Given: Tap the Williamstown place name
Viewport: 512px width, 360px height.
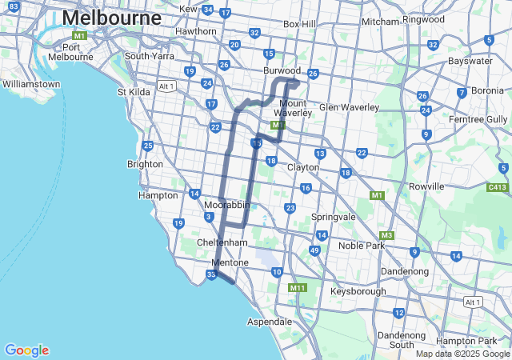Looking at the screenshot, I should click(x=31, y=84).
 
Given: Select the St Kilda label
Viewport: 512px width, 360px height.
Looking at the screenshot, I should click(x=133, y=92).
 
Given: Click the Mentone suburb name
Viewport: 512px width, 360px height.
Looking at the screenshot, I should click(x=230, y=262).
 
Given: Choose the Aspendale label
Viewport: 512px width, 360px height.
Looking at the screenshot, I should click(x=270, y=321).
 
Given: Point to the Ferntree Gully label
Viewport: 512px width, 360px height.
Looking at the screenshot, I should click(x=480, y=119).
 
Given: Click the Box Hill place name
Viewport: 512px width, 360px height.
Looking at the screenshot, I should click(x=299, y=24).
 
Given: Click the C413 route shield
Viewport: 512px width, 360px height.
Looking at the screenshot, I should click(x=498, y=188).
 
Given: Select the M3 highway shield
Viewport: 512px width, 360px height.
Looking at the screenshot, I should click(x=387, y=235).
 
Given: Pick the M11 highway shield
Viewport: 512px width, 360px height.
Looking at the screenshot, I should click(x=298, y=287).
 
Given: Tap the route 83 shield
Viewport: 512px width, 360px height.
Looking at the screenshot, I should click(x=13, y=6).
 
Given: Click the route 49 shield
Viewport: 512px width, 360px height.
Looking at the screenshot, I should click(x=314, y=250).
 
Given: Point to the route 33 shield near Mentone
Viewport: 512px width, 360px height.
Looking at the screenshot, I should click(x=211, y=275).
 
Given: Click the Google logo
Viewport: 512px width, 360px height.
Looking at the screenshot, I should click(x=26, y=350).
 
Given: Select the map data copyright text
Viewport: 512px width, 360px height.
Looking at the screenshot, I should click(x=462, y=354).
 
